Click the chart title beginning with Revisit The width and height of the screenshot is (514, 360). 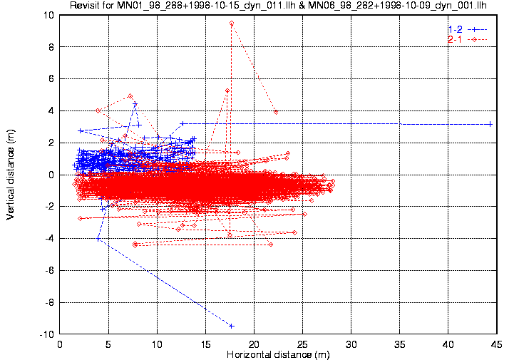[278, 5]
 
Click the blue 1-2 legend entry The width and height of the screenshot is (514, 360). [468, 29]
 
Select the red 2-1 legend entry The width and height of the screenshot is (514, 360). [468, 40]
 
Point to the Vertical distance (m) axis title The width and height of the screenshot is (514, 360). [11, 175]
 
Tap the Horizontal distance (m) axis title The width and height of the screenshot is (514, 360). [278, 354]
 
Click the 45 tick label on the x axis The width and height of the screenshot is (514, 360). [497, 344]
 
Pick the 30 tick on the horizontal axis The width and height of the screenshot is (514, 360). [351, 344]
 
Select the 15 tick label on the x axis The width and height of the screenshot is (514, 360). [205, 344]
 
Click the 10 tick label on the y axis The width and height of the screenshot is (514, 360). [48, 15]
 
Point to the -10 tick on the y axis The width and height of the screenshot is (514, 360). [46, 335]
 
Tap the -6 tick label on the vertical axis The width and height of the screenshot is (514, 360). [49, 271]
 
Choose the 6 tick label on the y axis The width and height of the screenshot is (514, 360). [51, 79]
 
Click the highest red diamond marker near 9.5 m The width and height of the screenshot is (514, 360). [232, 24]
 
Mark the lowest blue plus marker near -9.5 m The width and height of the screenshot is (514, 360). [232, 326]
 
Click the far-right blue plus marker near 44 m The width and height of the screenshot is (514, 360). [490, 124]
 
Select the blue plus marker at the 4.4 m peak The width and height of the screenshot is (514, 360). [135, 104]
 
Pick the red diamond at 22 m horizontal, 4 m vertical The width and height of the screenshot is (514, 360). [276, 112]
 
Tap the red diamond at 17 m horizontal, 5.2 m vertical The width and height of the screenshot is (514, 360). [227, 91]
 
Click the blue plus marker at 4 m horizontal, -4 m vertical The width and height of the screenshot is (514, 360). [98, 239]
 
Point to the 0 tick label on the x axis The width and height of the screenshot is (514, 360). [60, 344]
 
